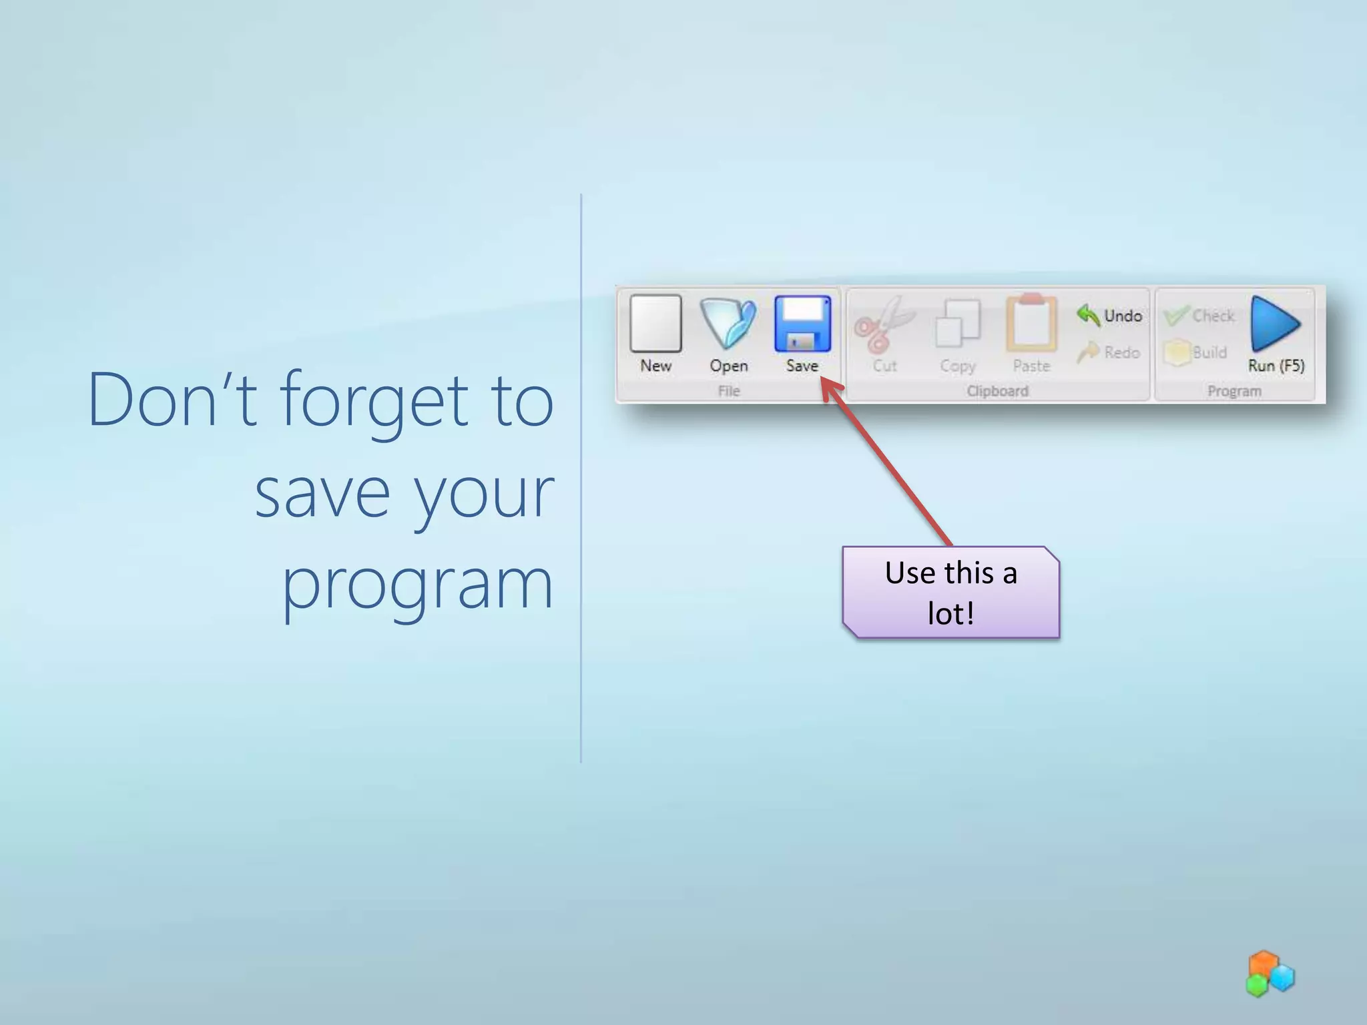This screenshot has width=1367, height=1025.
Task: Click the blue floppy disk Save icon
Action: (802, 324)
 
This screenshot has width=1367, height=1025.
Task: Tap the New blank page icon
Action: (655, 324)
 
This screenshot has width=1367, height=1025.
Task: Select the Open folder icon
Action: (728, 324)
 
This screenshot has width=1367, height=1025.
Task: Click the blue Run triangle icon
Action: (1275, 324)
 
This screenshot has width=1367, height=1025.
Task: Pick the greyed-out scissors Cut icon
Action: (884, 325)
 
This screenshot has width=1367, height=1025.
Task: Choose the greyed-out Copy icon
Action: (958, 324)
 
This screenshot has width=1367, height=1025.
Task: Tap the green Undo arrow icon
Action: (1089, 315)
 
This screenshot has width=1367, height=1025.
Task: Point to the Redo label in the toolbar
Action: (1122, 352)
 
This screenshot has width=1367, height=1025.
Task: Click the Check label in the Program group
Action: (1213, 316)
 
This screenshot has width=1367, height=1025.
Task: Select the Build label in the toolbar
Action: (1209, 352)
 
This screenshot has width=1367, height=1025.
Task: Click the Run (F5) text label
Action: (1276, 366)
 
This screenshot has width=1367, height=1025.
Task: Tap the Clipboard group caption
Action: (997, 391)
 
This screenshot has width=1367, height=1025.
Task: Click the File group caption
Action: (729, 391)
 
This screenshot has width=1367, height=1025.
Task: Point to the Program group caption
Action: (1234, 391)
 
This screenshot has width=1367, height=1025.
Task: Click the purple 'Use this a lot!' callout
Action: (950, 593)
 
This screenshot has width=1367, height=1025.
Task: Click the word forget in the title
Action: (374, 400)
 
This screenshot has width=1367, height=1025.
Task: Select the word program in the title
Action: (418, 585)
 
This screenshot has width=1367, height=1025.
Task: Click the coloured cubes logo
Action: (1270, 974)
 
